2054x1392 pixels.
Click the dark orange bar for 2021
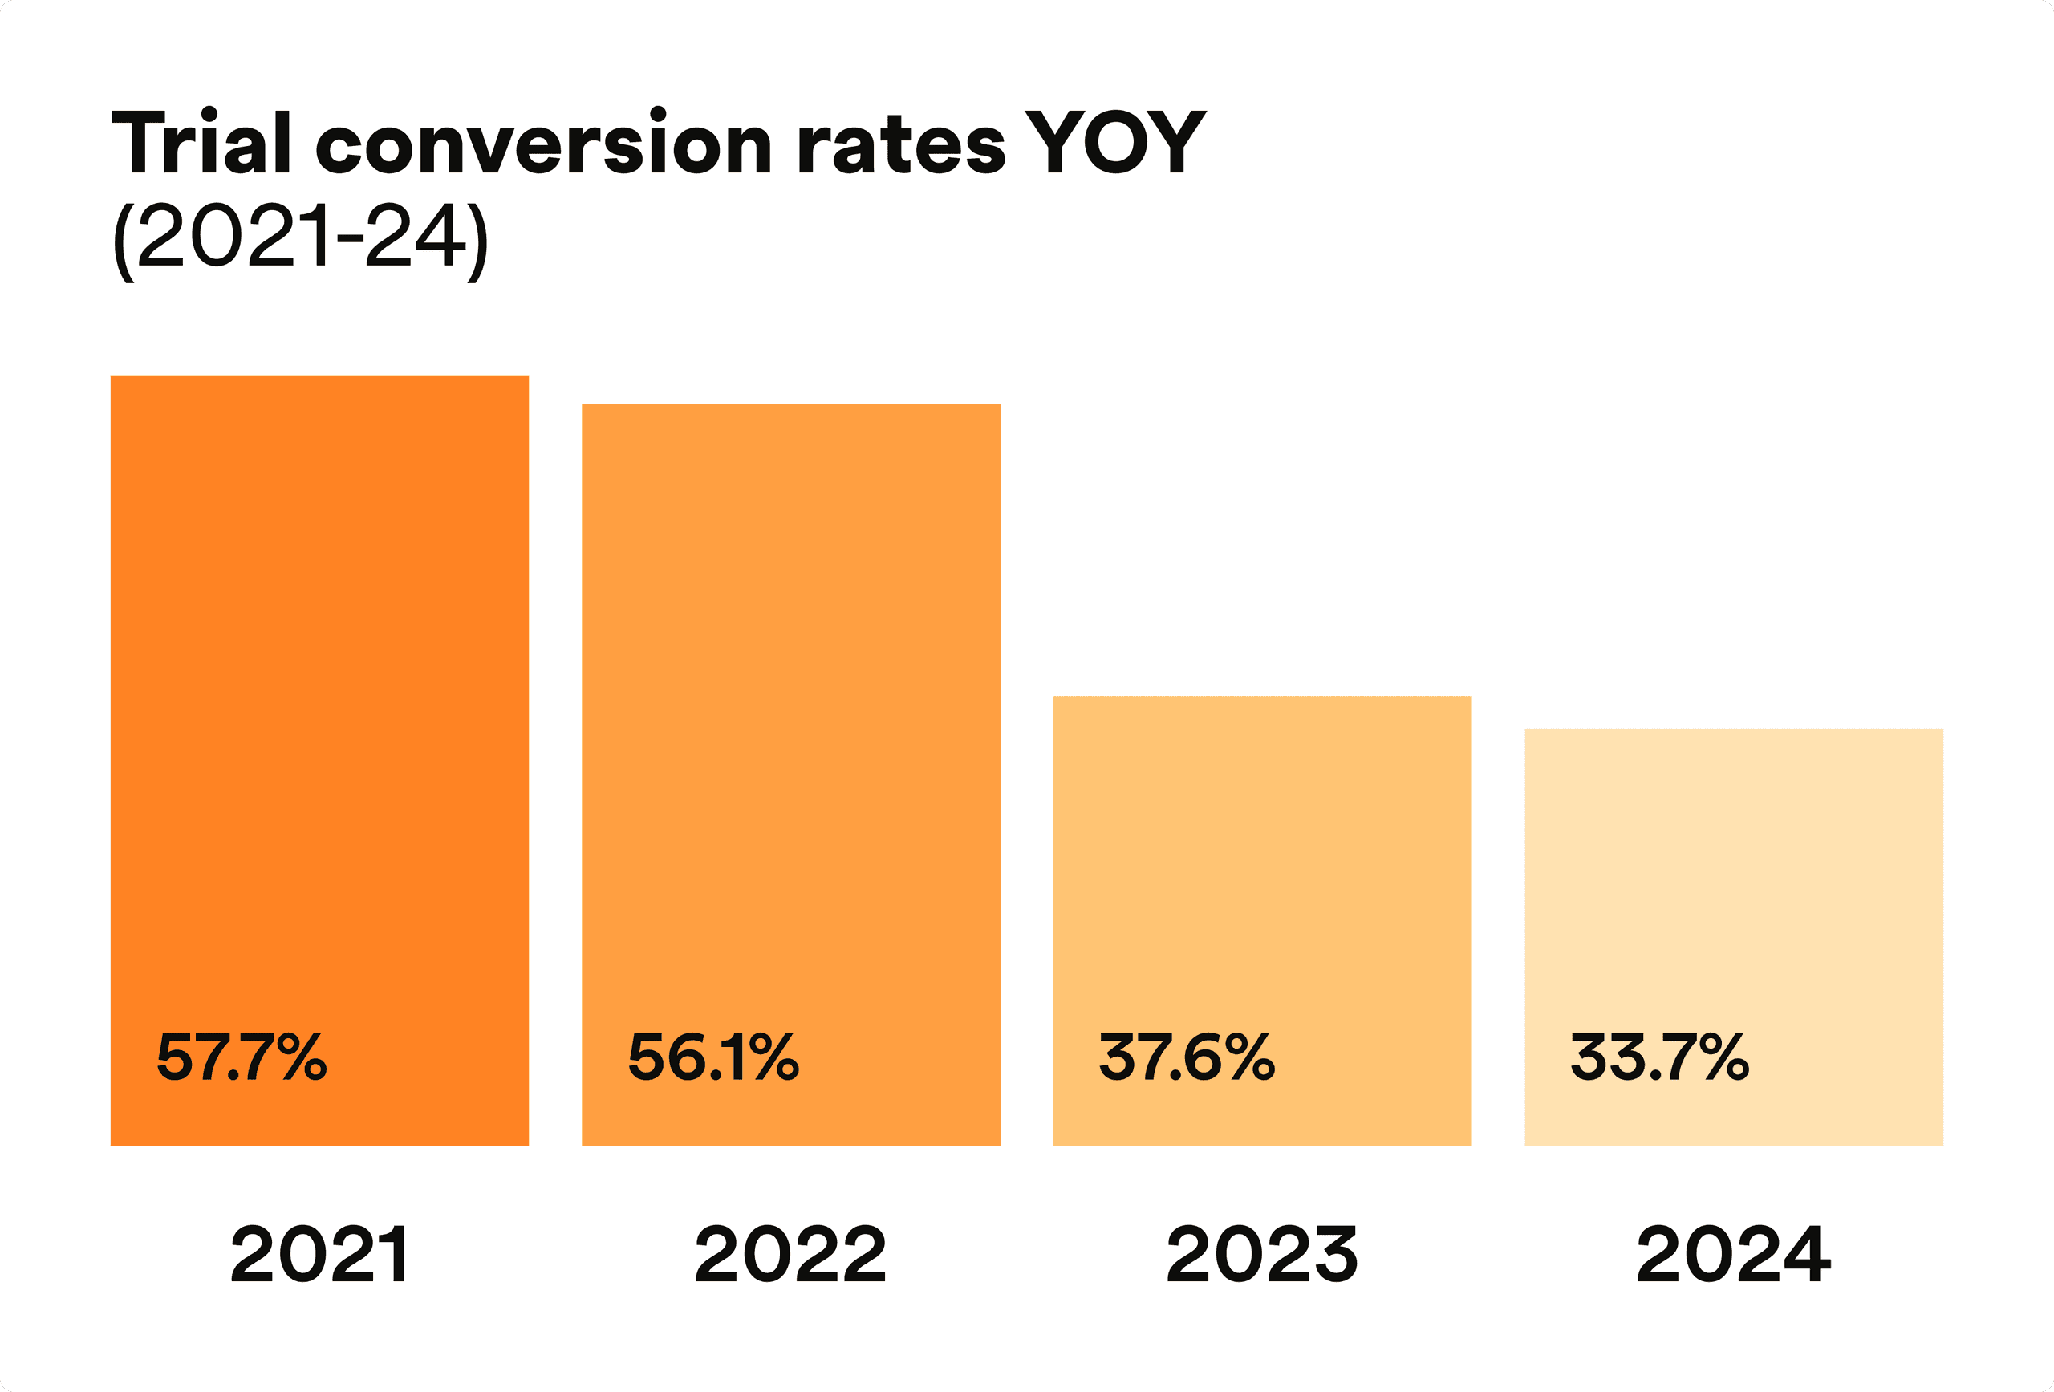click(x=319, y=761)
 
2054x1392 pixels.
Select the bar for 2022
click(x=791, y=774)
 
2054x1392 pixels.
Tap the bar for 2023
click(x=1262, y=921)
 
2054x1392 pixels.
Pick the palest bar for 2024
click(x=1734, y=937)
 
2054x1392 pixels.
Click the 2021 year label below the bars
click(x=319, y=1254)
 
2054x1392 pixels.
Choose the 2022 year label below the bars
click(x=790, y=1254)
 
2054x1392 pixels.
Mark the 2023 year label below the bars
click(x=1262, y=1254)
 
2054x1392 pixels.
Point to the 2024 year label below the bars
click(x=1734, y=1254)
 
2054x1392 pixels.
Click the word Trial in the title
click(x=201, y=141)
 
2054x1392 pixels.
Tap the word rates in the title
click(x=900, y=146)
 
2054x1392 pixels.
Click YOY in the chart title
click(x=1115, y=141)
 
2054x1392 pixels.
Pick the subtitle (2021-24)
click(x=301, y=241)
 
